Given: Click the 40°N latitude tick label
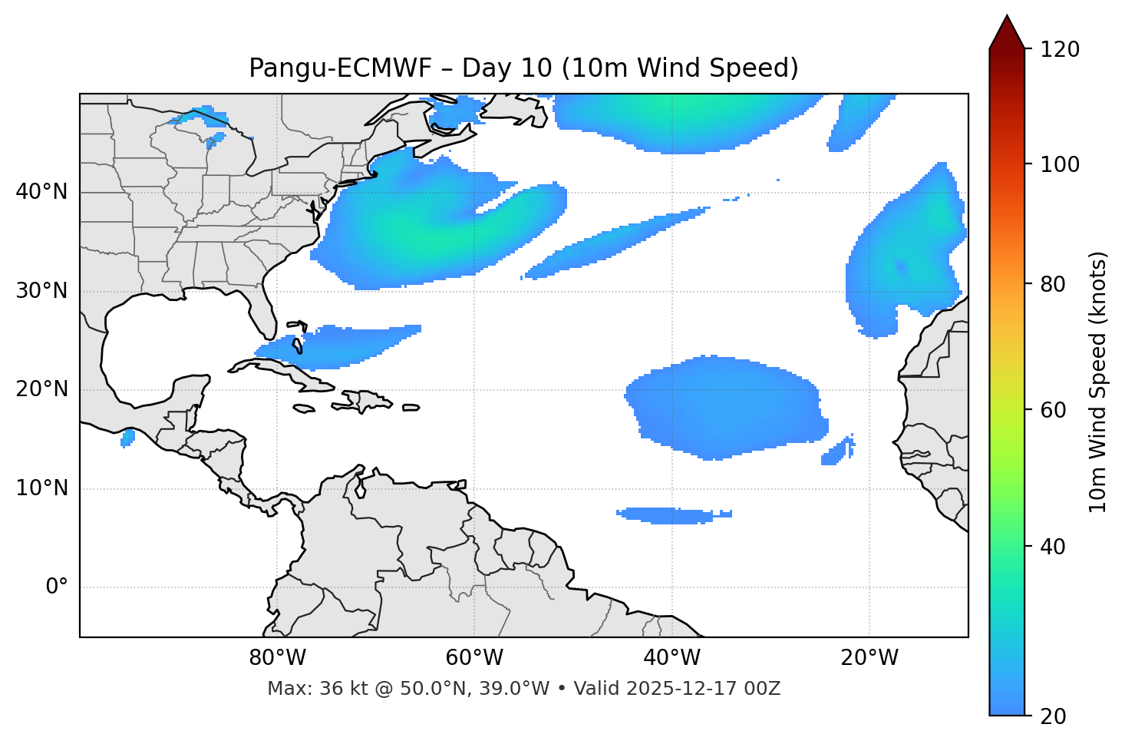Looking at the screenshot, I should (41, 192).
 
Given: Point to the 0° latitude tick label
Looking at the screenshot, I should (57, 587).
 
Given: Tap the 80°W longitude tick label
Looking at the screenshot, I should (277, 658).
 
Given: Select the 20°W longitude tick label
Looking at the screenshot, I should (869, 658).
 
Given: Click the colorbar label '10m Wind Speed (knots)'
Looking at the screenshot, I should (1098, 382).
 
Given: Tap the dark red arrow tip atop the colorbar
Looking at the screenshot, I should (1007, 31).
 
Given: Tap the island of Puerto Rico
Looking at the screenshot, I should (411, 408).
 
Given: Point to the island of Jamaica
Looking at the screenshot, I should (304, 409).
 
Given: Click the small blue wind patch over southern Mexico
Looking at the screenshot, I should (127, 438).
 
